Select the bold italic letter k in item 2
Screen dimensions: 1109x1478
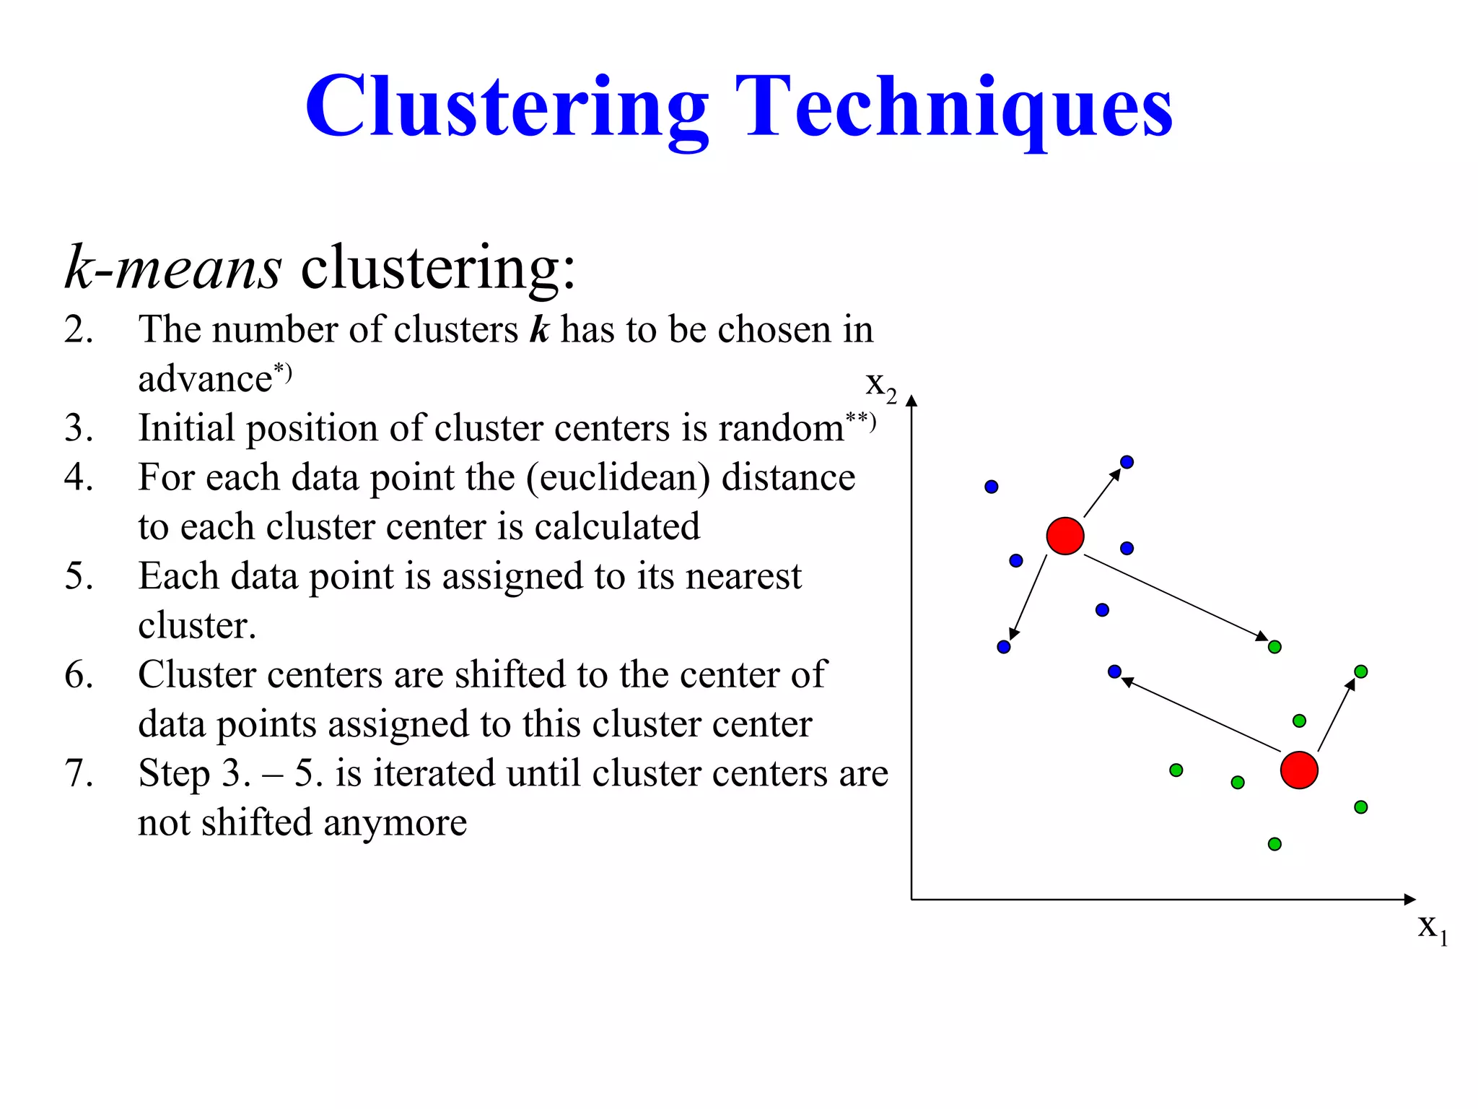tap(539, 330)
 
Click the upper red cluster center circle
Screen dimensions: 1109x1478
tap(1065, 536)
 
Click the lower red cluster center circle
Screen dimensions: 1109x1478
tap(1299, 770)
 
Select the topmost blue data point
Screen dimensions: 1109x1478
tap(1127, 462)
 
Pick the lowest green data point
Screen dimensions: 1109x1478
tap(1274, 844)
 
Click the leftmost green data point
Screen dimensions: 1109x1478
tap(1176, 770)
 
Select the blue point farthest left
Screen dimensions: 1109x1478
tap(991, 487)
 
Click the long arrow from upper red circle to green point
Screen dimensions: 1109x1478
tap(1176, 598)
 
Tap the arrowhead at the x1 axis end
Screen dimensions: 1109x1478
tap(1409, 899)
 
